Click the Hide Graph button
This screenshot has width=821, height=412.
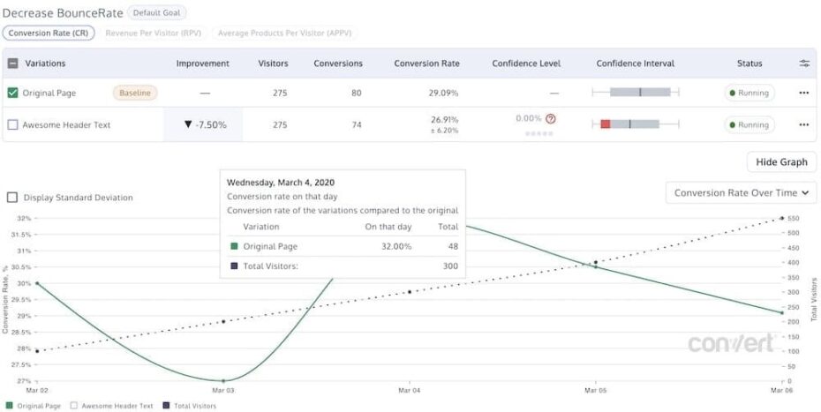(x=781, y=162)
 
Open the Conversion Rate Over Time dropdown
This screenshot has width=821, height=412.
(x=741, y=193)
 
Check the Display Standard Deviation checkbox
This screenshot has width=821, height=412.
(x=12, y=198)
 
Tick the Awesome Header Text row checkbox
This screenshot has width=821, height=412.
(x=12, y=125)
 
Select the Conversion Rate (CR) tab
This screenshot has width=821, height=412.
(x=49, y=33)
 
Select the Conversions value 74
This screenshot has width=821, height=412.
(x=357, y=125)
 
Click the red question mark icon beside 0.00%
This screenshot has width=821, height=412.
(x=551, y=118)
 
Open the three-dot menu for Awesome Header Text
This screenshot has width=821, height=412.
(x=803, y=125)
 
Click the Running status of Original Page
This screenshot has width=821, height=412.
(x=749, y=93)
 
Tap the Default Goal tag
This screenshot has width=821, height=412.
(x=156, y=13)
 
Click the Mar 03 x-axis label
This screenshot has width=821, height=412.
(x=223, y=389)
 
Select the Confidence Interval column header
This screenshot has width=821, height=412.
(x=635, y=64)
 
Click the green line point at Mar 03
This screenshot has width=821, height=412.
(x=223, y=380)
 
